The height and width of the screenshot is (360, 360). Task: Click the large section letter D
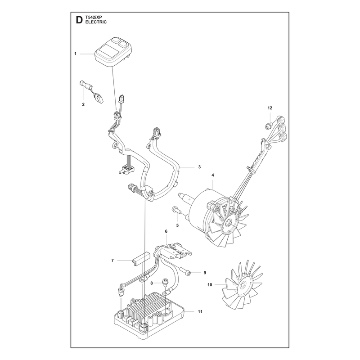pyautogui.click(x=79, y=20)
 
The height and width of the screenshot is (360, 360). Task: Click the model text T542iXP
pyautogui.click(x=93, y=17)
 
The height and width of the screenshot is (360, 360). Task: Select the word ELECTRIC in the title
pyautogui.click(x=96, y=22)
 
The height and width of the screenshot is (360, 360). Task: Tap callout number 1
pyautogui.click(x=75, y=54)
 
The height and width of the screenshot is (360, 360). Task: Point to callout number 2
pyautogui.click(x=83, y=104)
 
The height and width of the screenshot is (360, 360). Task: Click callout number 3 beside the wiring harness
pyautogui.click(x=199, y=167)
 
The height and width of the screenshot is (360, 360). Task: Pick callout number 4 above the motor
pyautogui.click(x=213, y=175)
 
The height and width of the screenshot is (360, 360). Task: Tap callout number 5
pyautogui.click(x=177, y=225)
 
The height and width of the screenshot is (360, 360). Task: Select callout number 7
pyautogui.click(x=112, y=261)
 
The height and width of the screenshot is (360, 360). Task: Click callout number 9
pyautogui.click(x=205, y=273)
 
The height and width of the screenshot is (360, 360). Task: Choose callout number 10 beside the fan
pyautogui.click(x=210, y=285)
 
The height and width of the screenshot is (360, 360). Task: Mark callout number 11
pyautogui.click(x=200, y=311)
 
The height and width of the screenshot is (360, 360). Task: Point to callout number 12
pyautogui.click(x=270, y=108)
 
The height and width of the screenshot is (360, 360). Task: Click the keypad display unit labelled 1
pyautogui.click(x=113, y=52)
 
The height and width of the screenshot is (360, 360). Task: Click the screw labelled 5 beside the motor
pyautogui.click(x=176, y=210)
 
